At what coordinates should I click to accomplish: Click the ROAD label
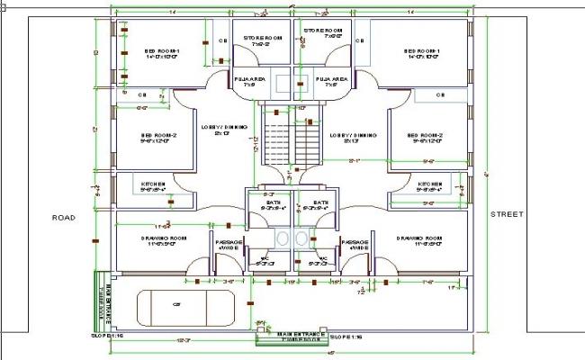[63, 217]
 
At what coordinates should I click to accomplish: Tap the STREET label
[507, 214]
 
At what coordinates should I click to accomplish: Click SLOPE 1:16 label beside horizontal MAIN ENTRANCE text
[346, 337]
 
